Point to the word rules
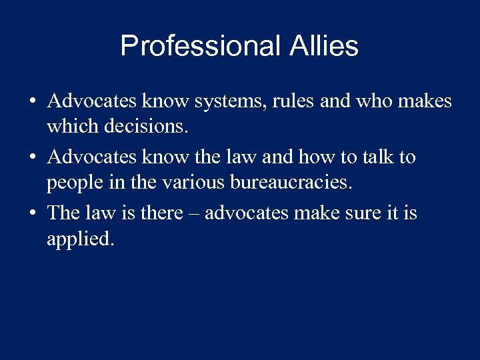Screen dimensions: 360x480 (293, 102)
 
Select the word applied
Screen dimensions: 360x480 (81, 239)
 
